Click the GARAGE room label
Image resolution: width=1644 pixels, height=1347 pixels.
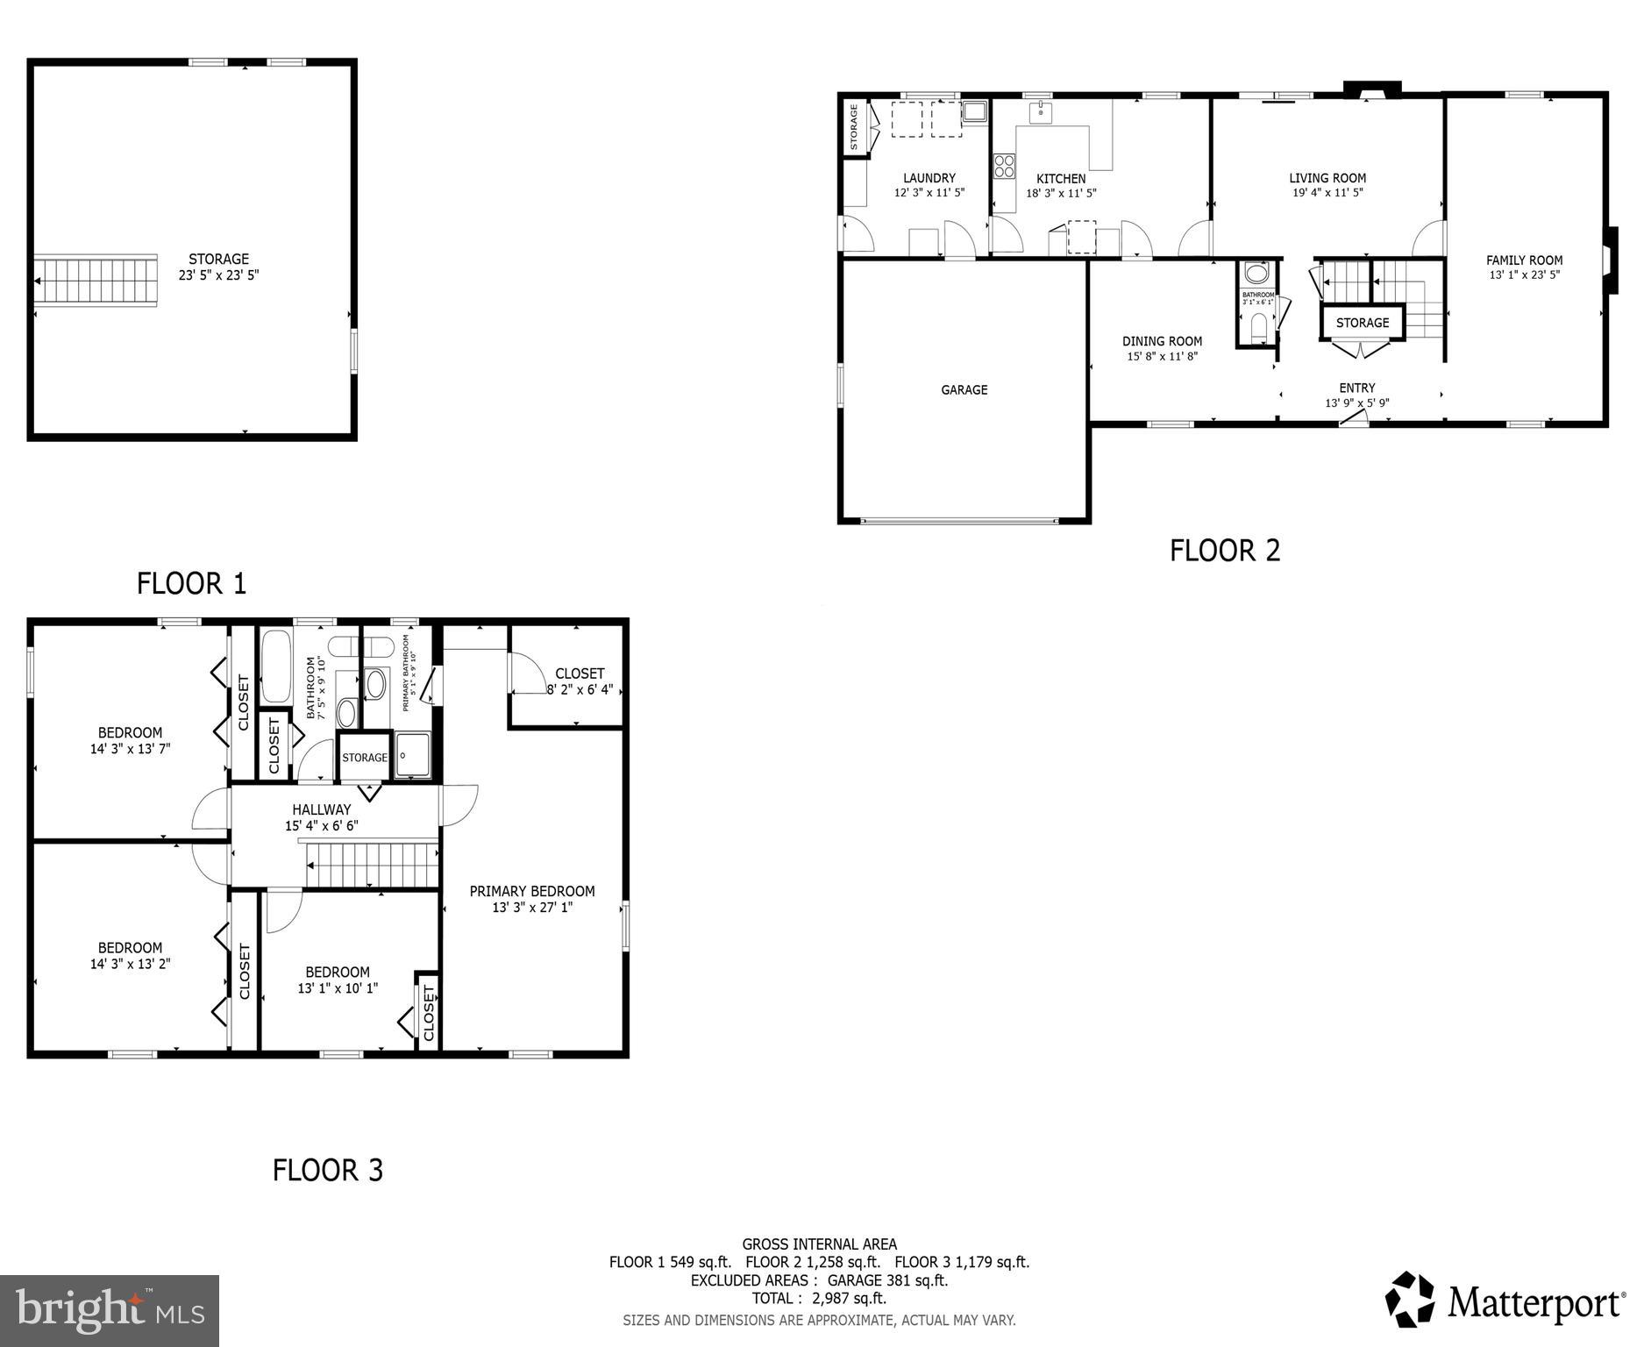click(x=964, y=390)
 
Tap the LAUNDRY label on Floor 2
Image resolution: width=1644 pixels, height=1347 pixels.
click(x=929, y=178)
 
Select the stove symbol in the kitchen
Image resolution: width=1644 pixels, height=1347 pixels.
click(x=1003, y=166)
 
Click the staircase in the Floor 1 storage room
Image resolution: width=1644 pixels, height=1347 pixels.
click(x=96, y=280)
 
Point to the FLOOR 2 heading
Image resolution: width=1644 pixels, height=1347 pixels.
click(x=1224, y=551)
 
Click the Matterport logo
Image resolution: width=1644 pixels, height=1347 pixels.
click(x=1504, y=1301)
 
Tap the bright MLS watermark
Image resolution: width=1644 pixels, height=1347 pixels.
click(x=109, y=1310)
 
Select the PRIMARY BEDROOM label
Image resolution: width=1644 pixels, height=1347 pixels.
click(x=531, y=892)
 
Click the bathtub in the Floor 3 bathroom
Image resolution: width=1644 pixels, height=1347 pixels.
click(x=276, y=666)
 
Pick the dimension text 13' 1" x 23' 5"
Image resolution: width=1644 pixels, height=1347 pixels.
click(x=1524, y=275)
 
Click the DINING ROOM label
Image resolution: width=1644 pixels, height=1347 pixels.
click(x=1162, y=342)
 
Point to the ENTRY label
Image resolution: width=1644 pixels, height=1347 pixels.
click(x=1356, y=388)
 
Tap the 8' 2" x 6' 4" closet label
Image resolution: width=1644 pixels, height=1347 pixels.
click(x=580, y=689)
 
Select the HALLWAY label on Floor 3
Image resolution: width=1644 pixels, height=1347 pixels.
click(x=321, y=809)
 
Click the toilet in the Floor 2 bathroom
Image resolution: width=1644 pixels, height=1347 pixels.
click(x=1258, y=327)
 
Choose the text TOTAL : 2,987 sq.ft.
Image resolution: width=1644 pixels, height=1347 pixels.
click(x=818, y=1298)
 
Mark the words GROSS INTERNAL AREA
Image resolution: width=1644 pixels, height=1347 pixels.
click(x=819, y=1244)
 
